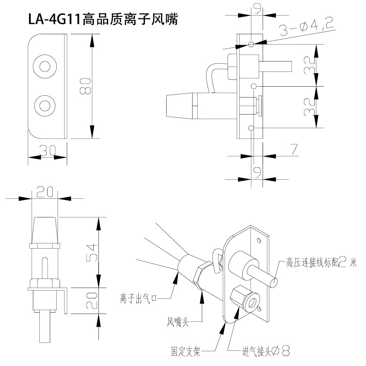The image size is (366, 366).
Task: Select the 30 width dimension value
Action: [x=48, y=150]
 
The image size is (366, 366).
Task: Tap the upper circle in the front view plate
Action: [x=45, y=67]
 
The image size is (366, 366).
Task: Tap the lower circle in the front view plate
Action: [x=45, y=105]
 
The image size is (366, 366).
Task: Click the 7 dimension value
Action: [x=294, y=149]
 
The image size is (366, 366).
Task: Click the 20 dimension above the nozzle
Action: [x=45, y=191]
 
